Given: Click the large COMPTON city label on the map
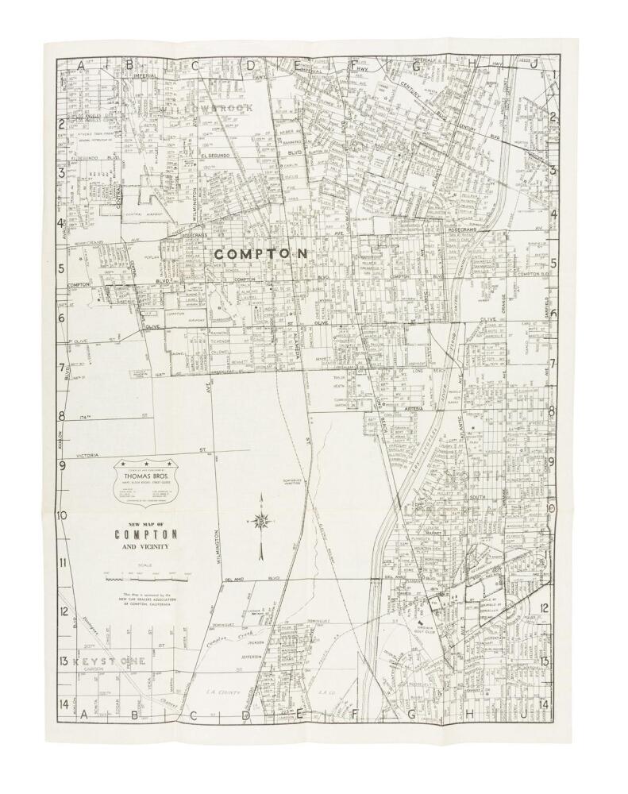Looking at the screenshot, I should [x=260, y=253].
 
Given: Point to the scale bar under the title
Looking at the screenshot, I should [x=145, y=581].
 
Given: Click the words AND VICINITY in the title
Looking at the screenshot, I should [x=145, y=548].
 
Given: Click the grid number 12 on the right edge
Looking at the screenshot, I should [x=545, y=610].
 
